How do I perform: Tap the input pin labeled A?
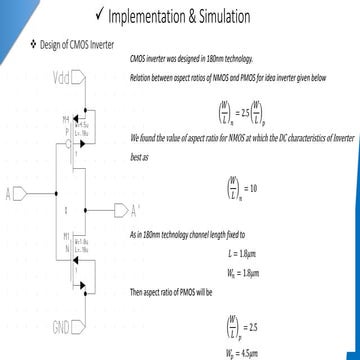[x=10, y=191]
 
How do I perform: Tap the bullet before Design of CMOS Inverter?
[x=33, y=46]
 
